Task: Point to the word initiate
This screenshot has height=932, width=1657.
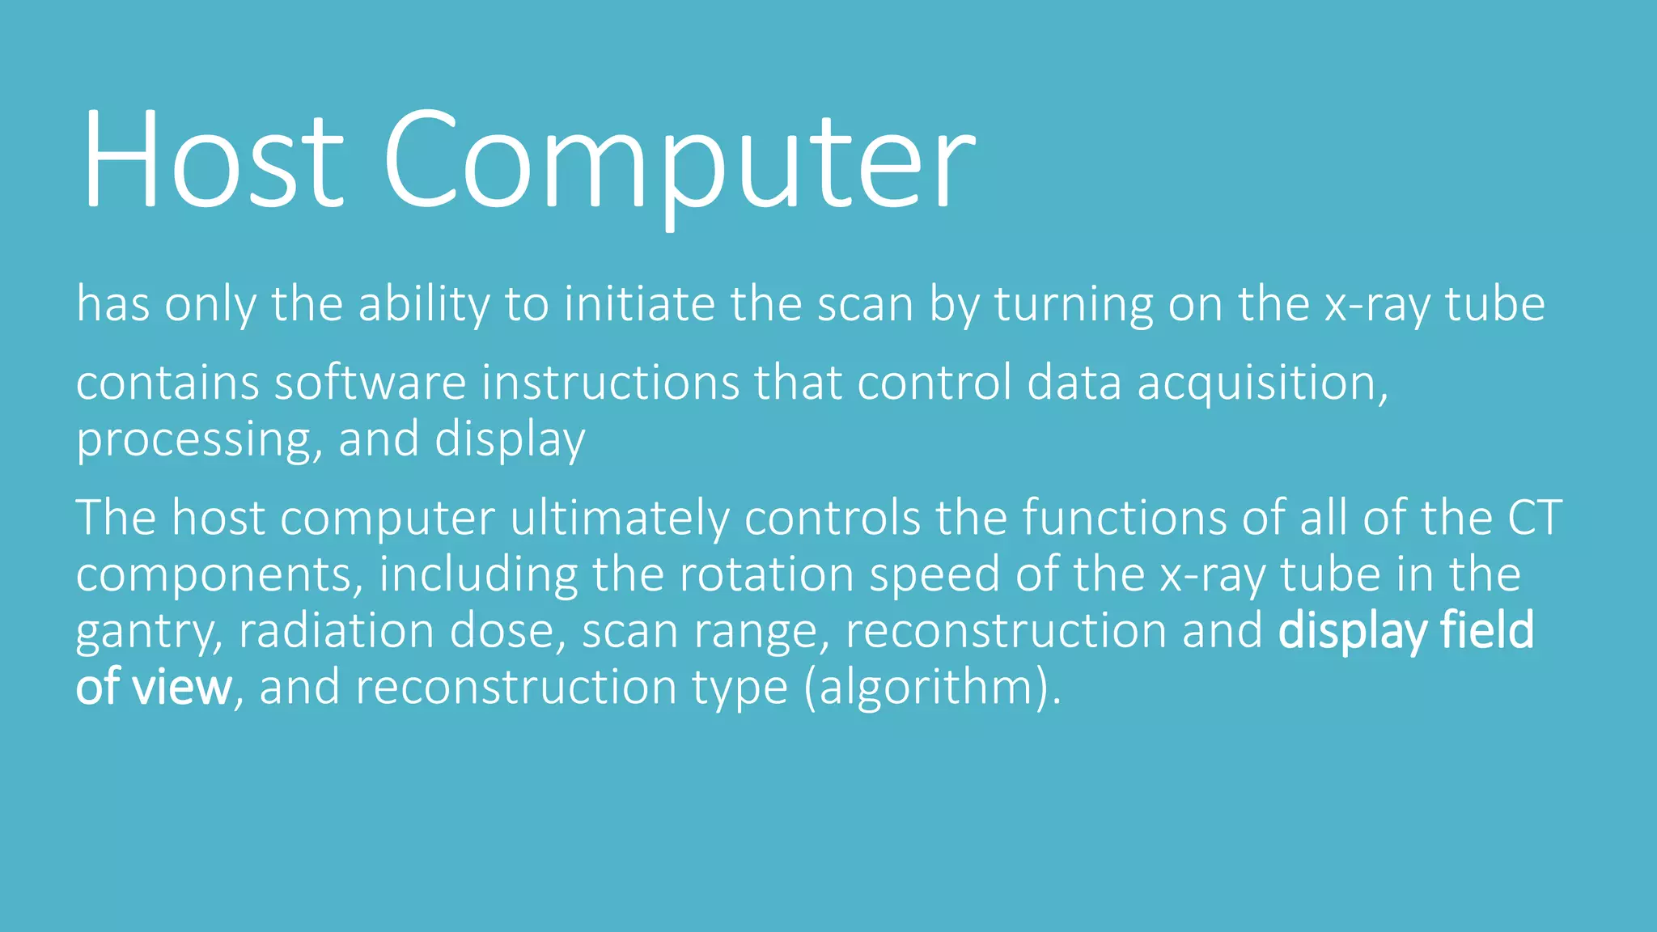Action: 639,305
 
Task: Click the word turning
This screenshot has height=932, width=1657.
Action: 1073,305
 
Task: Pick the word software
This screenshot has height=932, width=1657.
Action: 370,383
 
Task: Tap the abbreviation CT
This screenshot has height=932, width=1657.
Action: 1534,518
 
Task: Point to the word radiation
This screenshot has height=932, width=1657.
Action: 336,630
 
